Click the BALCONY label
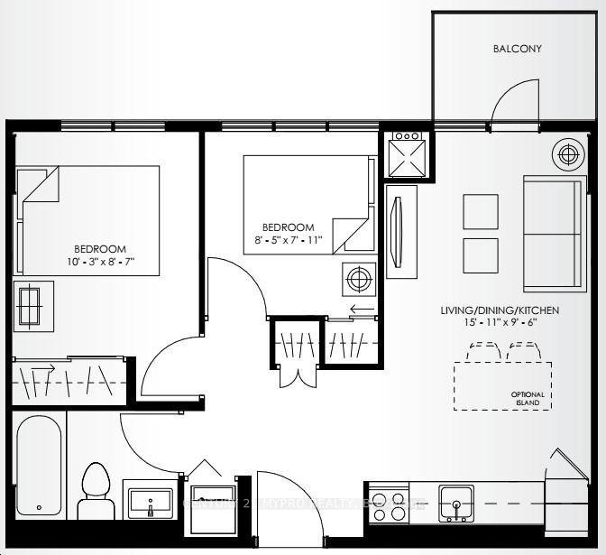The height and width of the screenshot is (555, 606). [x=518, y=49]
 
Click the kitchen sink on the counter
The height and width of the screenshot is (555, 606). [x=455, y=504]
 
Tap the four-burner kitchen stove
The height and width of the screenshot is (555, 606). [x=388, y=505]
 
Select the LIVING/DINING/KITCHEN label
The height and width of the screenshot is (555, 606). [x=500, y=310]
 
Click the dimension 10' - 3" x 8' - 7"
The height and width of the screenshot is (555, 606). [x=100, y=264]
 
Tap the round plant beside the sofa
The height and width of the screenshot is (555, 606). [x=567, y=154]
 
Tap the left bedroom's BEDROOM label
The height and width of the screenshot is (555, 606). [x=100, y=249]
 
